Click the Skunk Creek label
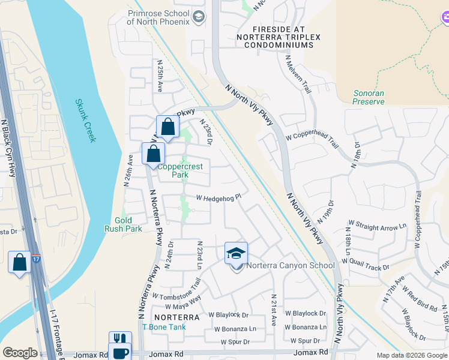(x=85, y=121)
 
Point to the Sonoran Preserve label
(x=369, y=98)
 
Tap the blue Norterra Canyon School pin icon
(x=236, y=253)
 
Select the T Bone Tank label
(x=164, y=327)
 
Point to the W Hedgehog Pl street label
(x=218, y=197)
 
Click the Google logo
(x=20, y=353)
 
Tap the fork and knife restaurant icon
(x=120, y=340)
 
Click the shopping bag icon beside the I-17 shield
(x=19, y=262)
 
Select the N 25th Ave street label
(x=160, y=75)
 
